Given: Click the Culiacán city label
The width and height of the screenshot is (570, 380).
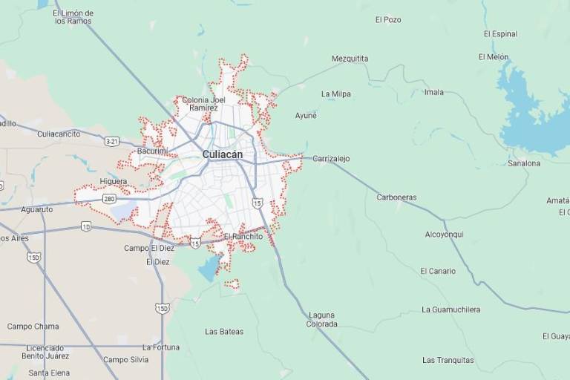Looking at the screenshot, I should coord(222,154).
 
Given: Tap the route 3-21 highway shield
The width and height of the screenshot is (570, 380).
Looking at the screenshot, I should coord(112,141).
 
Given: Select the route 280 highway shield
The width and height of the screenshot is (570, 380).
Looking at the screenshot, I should coord(109,199).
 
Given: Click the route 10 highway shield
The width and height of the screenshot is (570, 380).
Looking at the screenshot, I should coord(86,226).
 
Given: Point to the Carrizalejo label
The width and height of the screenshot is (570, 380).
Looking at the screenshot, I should coord(331,159).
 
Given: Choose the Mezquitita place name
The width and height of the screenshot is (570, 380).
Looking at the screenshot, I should coord(350,59).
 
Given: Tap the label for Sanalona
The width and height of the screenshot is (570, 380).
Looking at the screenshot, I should coord(524,163).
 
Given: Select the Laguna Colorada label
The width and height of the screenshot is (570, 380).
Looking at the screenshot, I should coord(322,319).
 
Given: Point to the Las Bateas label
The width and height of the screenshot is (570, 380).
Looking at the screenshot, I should coord(224,332).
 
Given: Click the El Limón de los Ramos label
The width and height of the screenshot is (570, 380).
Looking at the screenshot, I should coord(74,17).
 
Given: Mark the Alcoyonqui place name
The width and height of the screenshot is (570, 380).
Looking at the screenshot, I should coord(444,235).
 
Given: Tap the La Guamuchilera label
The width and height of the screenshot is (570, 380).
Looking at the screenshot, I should coord(451,309).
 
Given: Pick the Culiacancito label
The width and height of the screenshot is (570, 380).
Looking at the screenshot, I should coord(59,134).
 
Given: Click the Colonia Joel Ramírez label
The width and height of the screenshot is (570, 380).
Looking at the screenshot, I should coord(203,103).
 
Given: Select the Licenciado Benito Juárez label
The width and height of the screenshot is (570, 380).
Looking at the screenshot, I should coord(45,352).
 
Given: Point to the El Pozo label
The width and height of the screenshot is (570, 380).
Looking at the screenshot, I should coord(388,20).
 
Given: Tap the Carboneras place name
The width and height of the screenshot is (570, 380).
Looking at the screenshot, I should coord(396,197).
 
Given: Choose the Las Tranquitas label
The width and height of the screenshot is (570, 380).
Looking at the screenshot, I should coord(448,361).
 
